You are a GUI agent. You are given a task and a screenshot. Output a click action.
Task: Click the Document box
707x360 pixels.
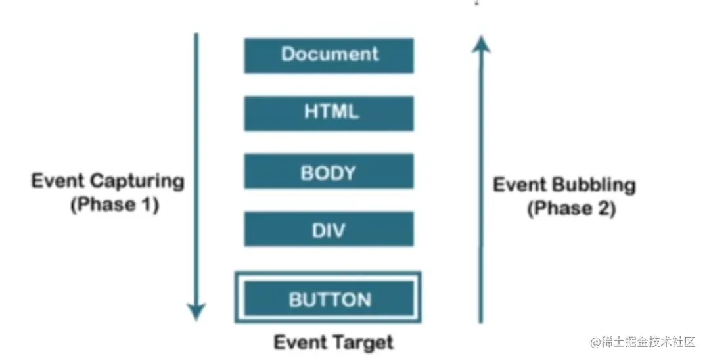329,55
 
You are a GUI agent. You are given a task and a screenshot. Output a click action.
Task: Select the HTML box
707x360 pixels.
329,113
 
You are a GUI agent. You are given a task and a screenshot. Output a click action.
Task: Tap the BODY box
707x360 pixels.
329,172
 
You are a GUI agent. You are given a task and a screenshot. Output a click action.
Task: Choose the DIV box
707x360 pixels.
329,229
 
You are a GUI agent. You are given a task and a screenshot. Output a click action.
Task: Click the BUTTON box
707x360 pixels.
329,300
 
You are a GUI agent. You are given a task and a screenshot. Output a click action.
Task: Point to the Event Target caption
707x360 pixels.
333,342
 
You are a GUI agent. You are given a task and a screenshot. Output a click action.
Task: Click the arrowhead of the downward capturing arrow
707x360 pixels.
196,311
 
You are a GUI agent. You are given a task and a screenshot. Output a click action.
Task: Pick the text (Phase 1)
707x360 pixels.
114,205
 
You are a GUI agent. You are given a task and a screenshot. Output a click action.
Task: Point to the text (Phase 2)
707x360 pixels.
571,210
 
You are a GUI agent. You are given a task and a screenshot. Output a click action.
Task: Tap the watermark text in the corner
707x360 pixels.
643,342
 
